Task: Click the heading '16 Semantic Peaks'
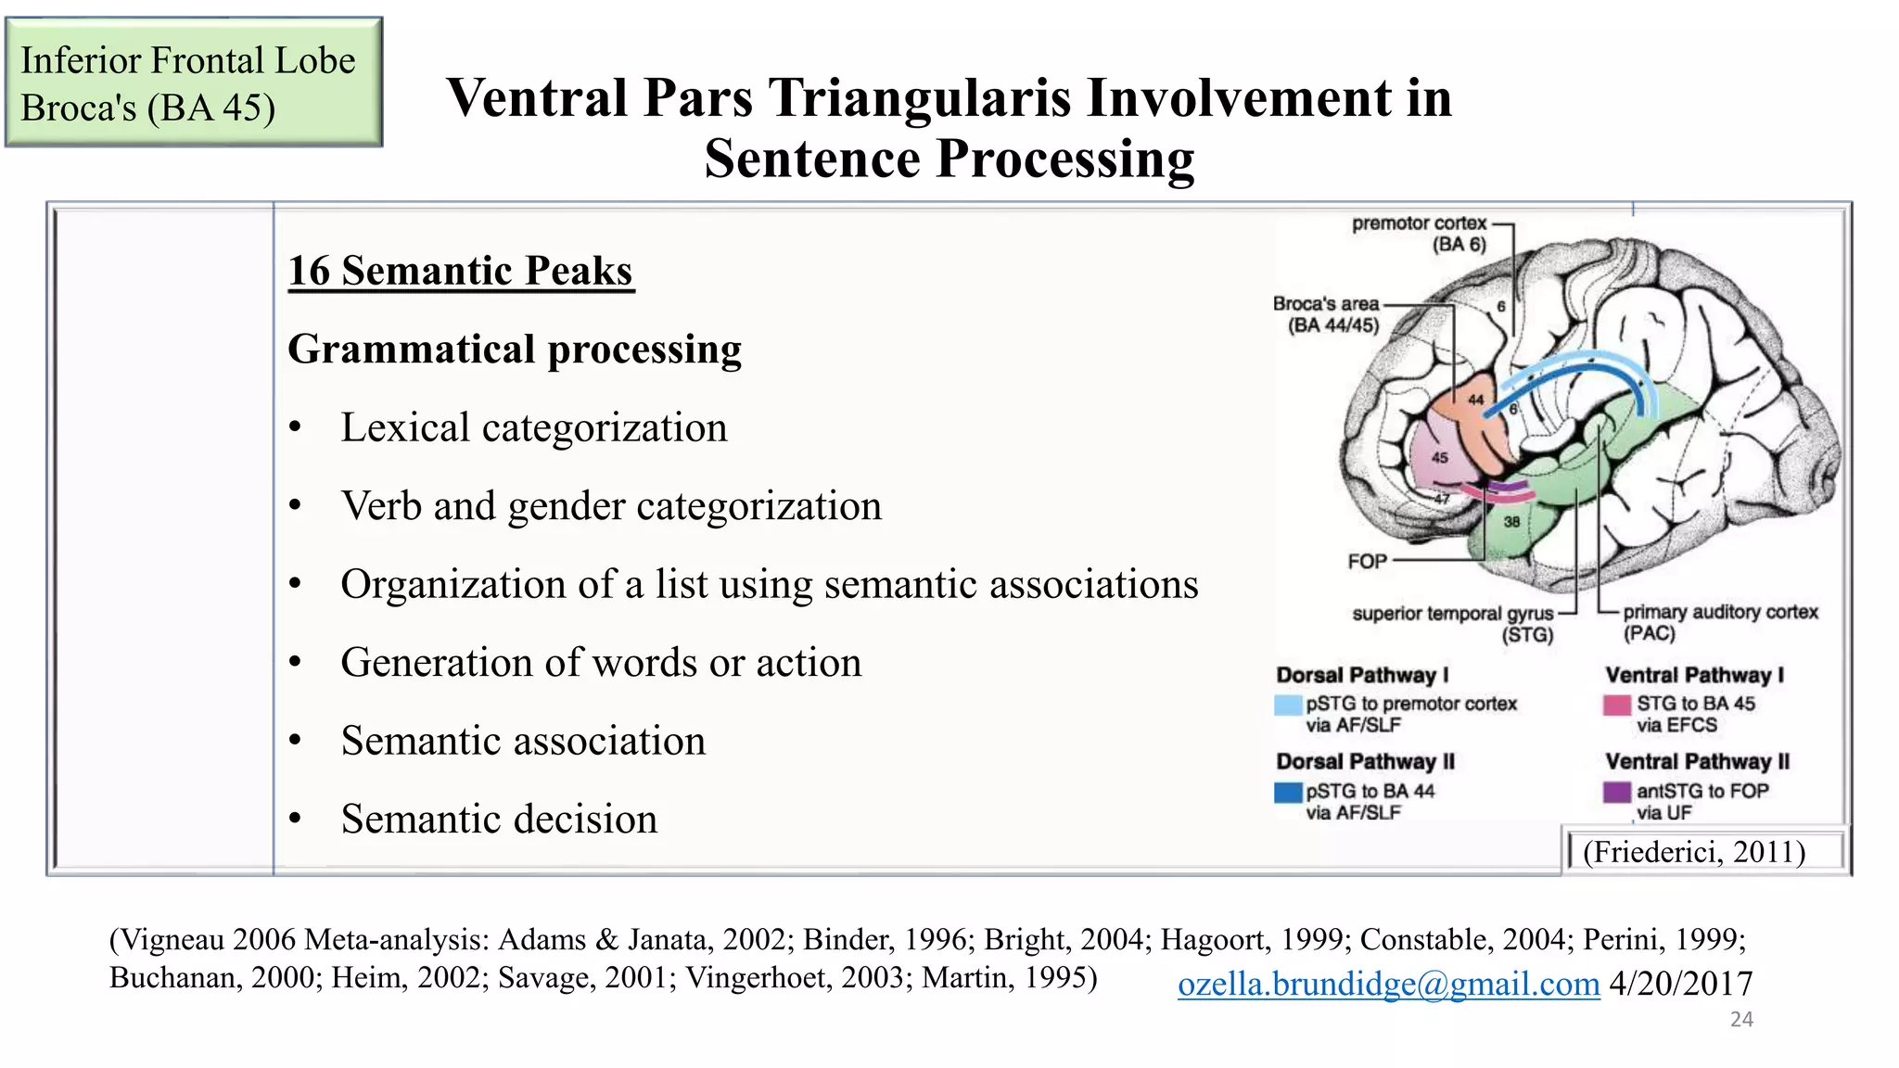[460, 271]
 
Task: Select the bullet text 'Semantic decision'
[498, 820]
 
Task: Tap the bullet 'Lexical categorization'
[533, 428]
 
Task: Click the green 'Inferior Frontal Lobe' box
[194, 83]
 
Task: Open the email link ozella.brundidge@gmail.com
[1388, 984]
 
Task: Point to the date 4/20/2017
[1680, 984]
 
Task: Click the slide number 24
[1741, 1020]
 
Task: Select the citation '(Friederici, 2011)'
[1694, 852]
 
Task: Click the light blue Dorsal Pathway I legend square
[1288, 706]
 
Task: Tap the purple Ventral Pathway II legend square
[1617, 792]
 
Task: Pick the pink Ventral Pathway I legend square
[1617, 706]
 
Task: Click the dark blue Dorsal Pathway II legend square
[1288, 792]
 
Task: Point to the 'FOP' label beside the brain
[1367, 562]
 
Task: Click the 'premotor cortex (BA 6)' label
[1419, 234]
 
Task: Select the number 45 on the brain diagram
[1439, 458]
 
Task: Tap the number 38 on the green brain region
[1511, 522]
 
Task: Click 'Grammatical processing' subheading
[515, 350]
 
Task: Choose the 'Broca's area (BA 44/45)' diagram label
[1326, 314]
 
